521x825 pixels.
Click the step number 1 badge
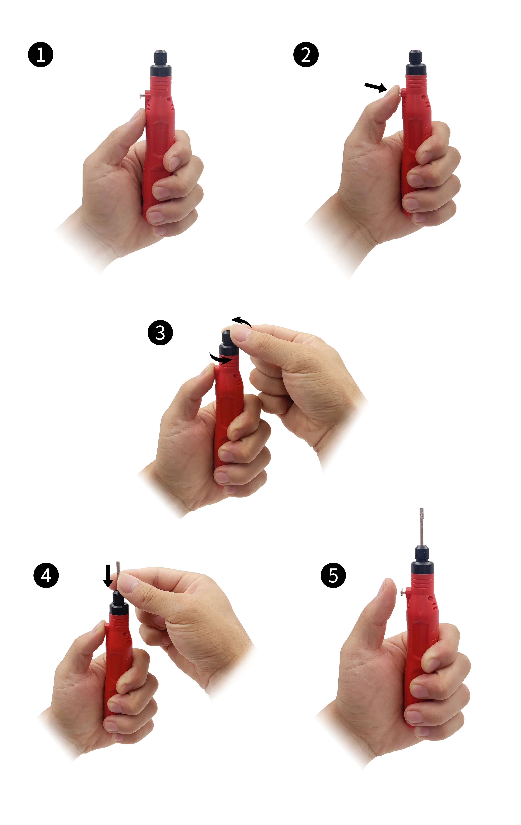point(40,54)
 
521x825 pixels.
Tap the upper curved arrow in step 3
point(242,321)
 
